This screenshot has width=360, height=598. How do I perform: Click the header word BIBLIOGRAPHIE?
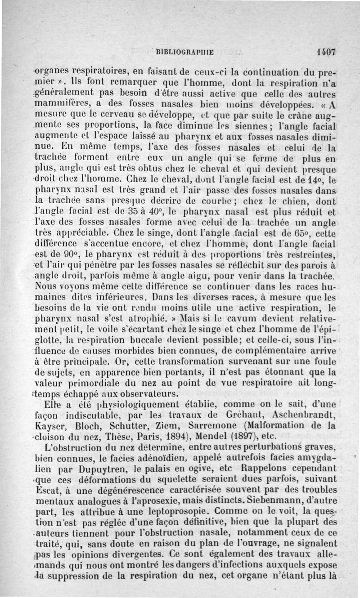pyautogui.click(x=184, y=52)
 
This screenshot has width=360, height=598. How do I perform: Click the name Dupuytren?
pyautogui.click(x=76, y=467)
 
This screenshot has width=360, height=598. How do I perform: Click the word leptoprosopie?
pyautogui.click(x=169, y=509)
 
